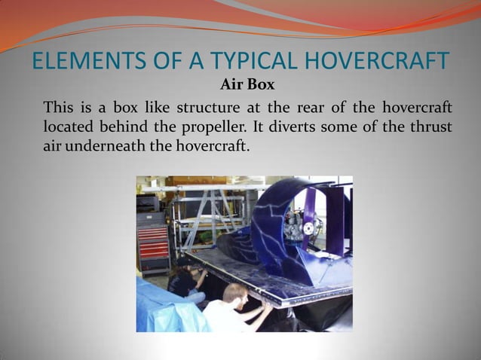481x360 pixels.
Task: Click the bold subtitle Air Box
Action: coord(247,84)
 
